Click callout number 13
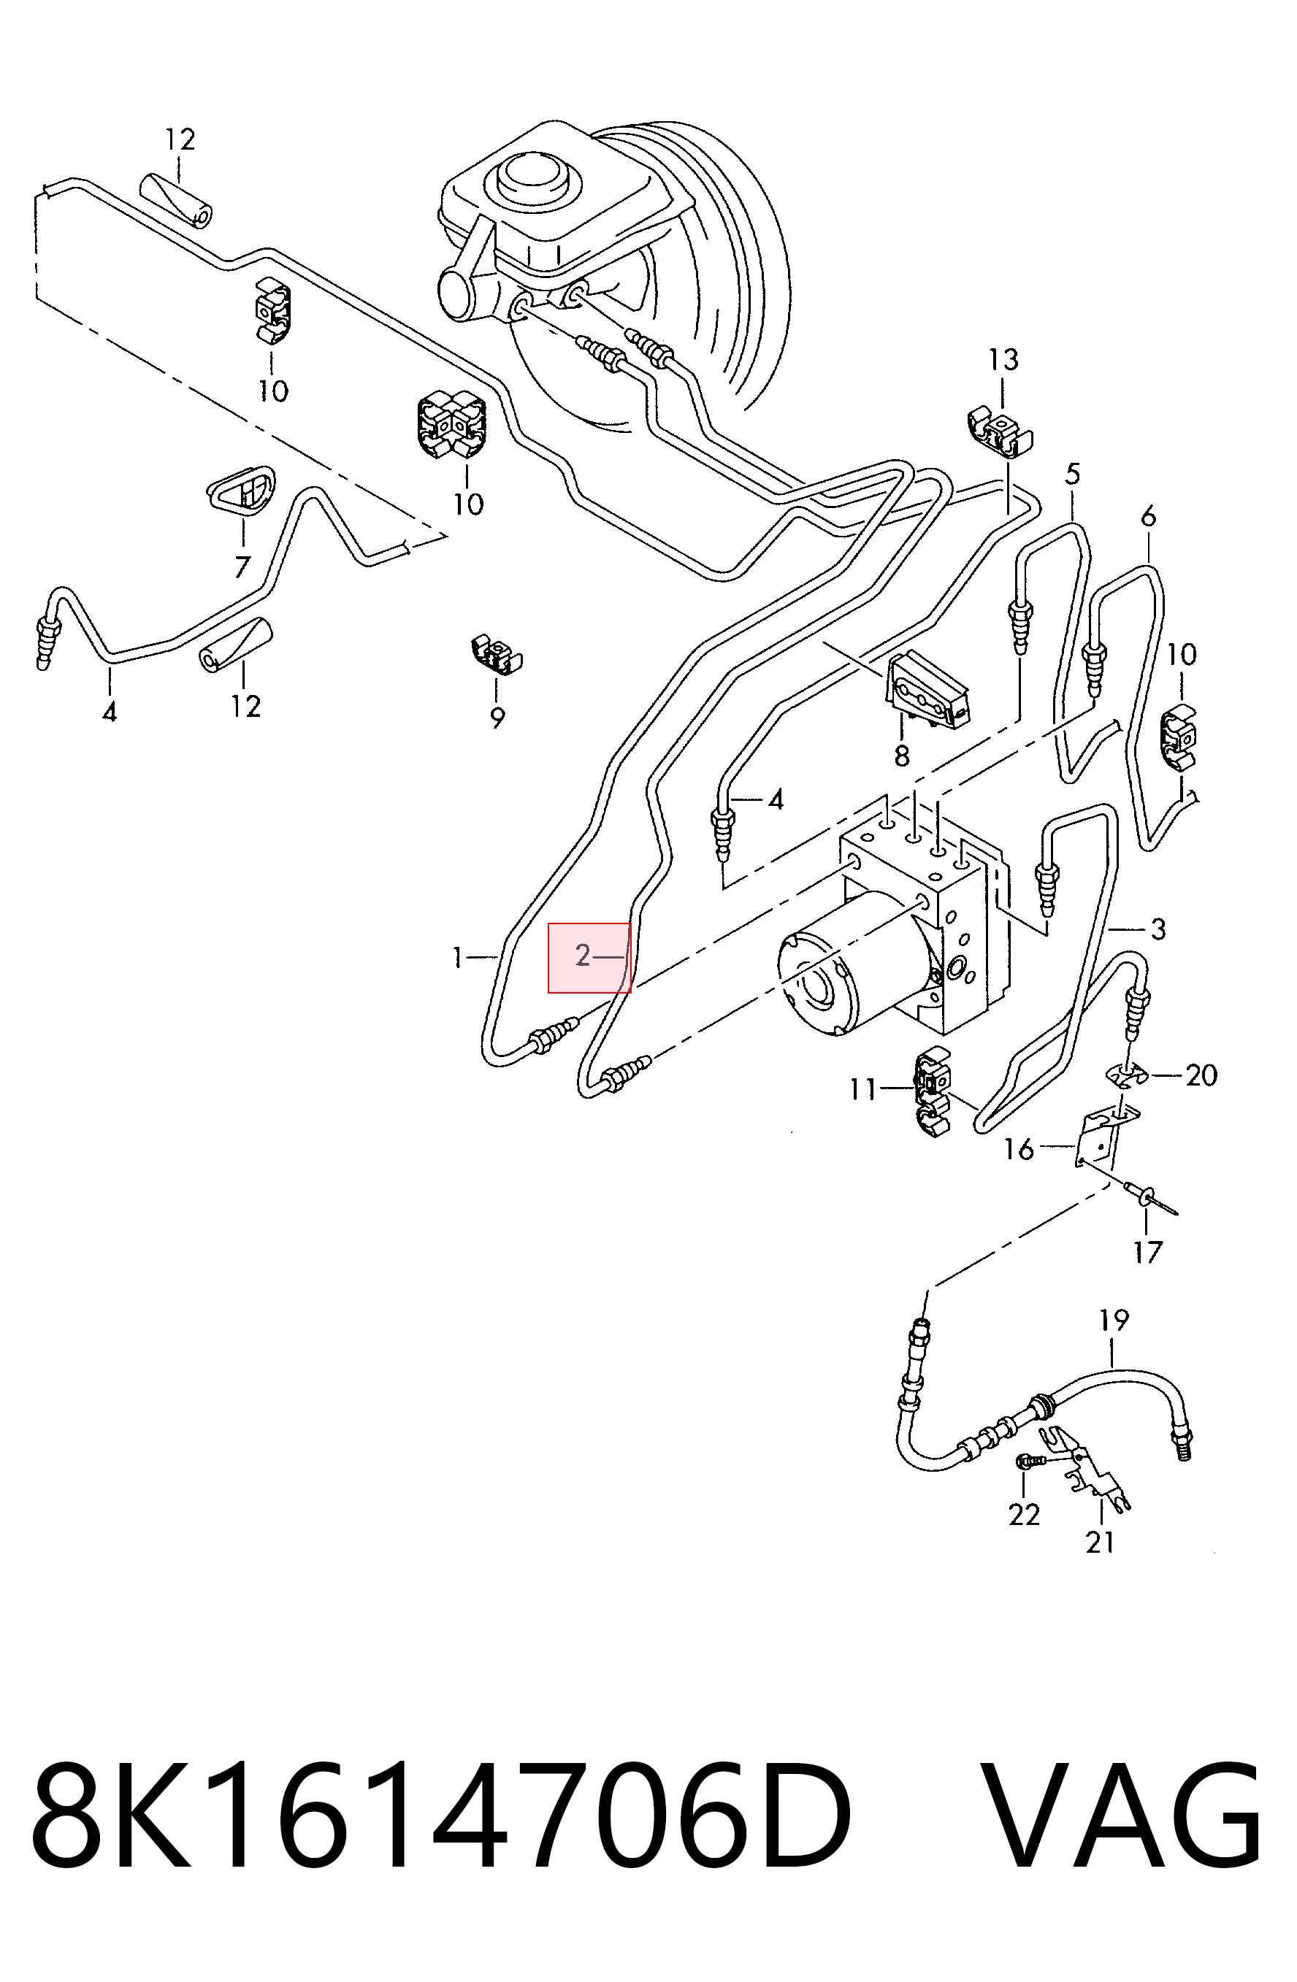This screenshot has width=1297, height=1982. coord(1003,360)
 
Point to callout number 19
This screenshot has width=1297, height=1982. coord(1114,1320)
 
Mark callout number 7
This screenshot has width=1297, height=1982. coord(242,567)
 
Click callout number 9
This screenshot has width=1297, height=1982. coord(497,717)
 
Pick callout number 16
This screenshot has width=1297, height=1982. coord(1018,1149)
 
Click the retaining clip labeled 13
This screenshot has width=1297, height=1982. coord(1000,431)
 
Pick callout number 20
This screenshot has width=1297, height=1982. coord(1201,1075)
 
